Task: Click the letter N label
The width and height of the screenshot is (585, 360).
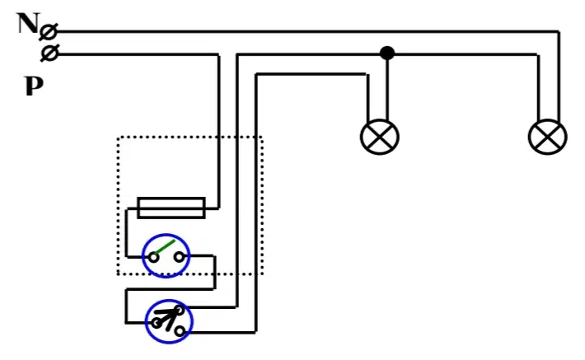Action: [x=28, y=23]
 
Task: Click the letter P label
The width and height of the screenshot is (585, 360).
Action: [x=34, y=86]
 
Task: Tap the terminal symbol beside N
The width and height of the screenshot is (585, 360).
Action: [x=49, y=32]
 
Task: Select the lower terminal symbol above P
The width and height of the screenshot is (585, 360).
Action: [x=49, y=53]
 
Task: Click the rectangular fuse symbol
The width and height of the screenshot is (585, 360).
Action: [x=171, y=208]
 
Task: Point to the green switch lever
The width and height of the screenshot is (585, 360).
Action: [x=165, y=247]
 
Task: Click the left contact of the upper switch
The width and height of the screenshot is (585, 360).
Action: [x=153, y=257]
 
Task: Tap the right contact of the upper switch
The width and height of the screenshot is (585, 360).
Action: [x=180, y=257]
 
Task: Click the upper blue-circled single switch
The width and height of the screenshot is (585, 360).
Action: [x=166, y=256]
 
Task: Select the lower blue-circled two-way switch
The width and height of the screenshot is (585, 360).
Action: [x=169, y=321]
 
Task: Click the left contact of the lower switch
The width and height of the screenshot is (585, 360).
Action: [x=157, y=323]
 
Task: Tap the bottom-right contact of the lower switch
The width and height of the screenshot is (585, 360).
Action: [x=180, y=331]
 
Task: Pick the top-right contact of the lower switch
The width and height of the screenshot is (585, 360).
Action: [x=180, y=310]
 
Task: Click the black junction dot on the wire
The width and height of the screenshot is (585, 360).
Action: [x=387, y=53]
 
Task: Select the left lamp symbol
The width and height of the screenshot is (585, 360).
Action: [x=380, y=137]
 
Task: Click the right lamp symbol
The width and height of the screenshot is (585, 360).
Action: [x=548, y=137]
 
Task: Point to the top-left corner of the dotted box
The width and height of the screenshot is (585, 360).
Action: [x=118, y=138]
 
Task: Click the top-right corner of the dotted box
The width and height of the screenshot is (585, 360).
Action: [x=262, y=138]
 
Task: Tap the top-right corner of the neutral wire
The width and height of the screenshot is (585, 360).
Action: [x=559, y=31]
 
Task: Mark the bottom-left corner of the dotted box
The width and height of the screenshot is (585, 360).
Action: [x=118, y=274]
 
